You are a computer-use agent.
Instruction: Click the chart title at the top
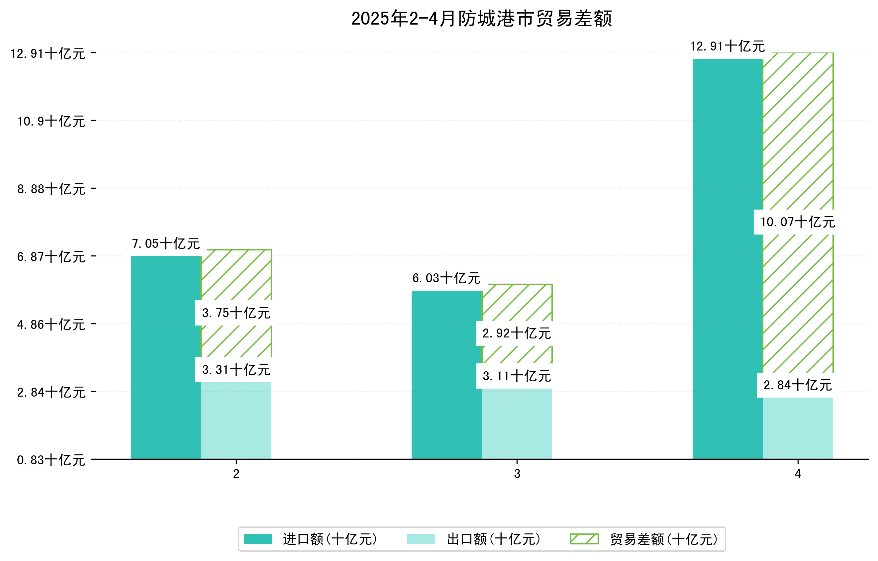pyautogui.click(x=481, y=19)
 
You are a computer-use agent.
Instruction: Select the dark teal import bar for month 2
pyautogui.click(x=166, y=357)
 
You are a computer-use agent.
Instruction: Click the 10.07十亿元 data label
pyautogui.click(x=797, y=222)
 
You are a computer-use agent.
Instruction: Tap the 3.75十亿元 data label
pyautogui.click(x=236, y=313)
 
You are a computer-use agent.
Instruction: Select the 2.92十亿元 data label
pyautogui.click(x=517, y=333)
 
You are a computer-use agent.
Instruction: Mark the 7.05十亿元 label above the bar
pyautogui.click(x=166, y=243)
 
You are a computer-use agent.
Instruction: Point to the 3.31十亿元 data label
pyautogui.click(x=236, y=370)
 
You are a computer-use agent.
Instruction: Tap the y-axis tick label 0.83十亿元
pyautogui.click(x=51, y=460)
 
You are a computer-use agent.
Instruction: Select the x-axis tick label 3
pyautogui.click(x=517, y=474)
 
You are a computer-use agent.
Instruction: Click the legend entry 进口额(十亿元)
pyautogui.click(x=330, y=539)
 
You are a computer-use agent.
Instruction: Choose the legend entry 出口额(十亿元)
pyautogui.click(x=493, y=539)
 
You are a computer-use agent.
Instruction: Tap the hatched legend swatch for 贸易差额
pyautogui.click(x=584, y=539)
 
